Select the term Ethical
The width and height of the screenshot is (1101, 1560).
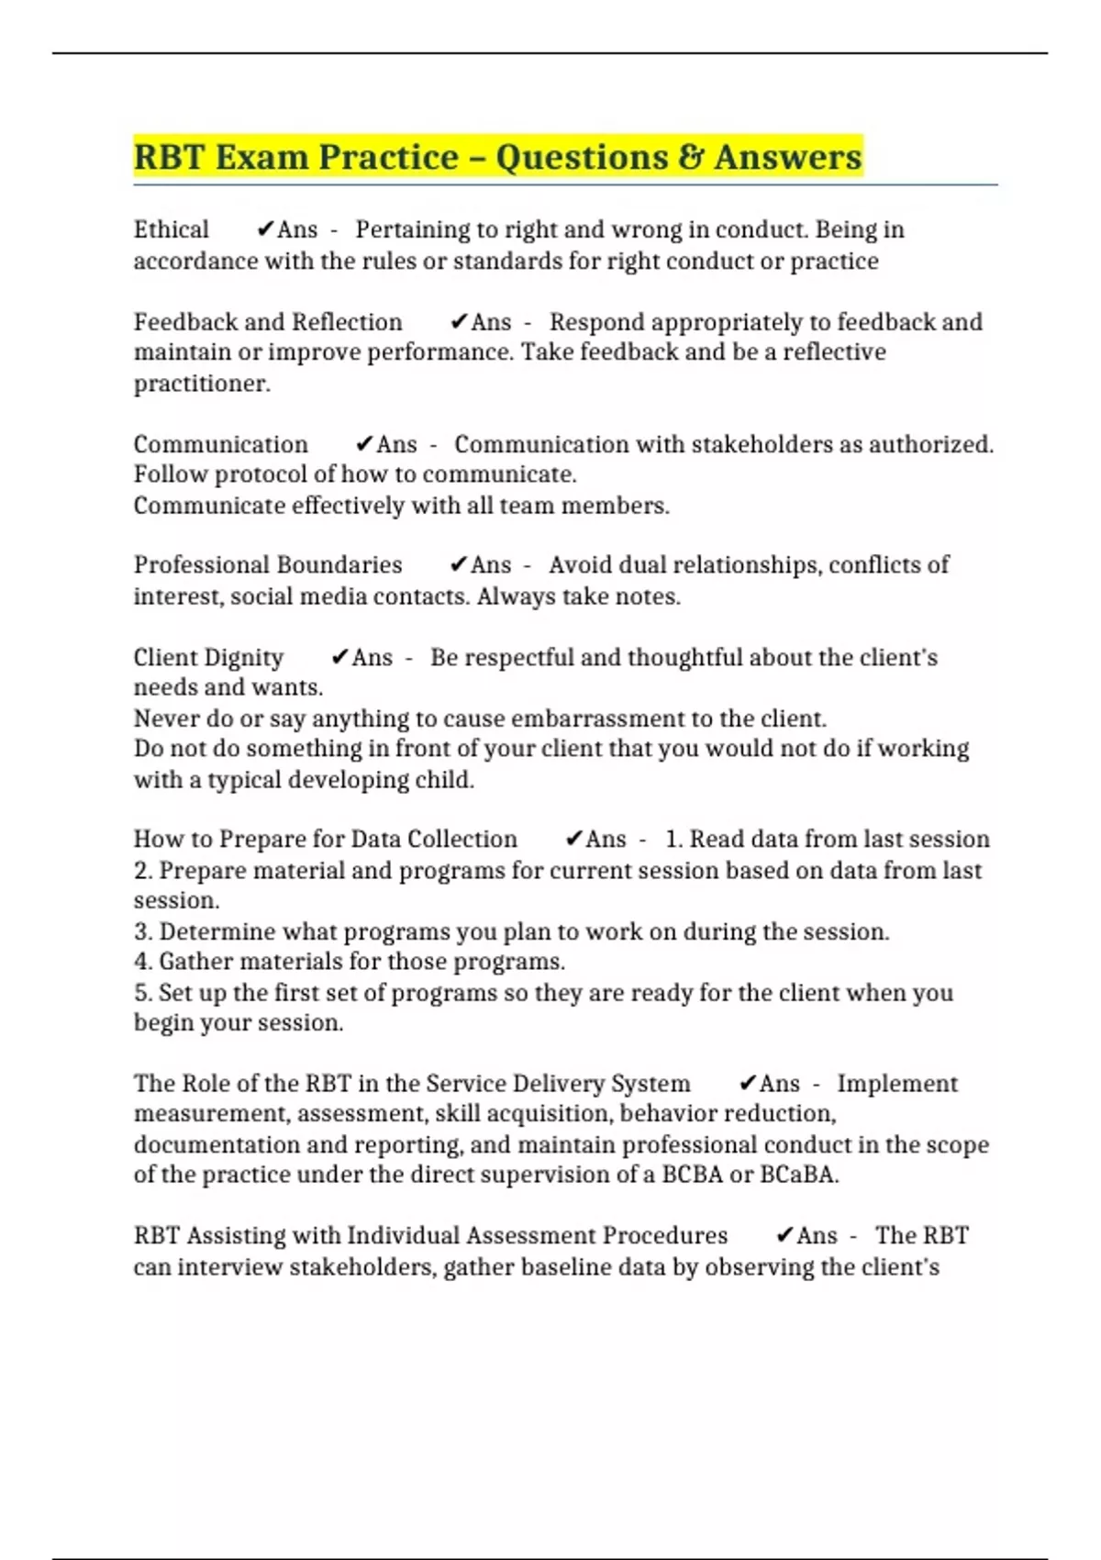[171, 229]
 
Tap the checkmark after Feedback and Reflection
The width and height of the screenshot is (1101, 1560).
[459, 322]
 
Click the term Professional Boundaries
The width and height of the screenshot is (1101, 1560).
[268, 564]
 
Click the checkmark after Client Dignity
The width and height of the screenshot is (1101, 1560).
[339, 657]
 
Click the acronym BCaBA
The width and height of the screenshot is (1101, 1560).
[798, 1175]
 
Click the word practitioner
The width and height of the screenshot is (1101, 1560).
[202, 384]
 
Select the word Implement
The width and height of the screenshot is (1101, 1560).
[896, 1083]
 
